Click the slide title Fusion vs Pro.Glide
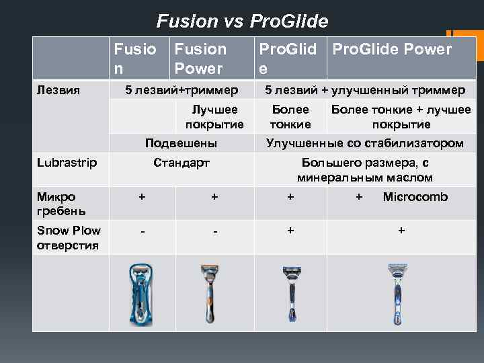[242, 22]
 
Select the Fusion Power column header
[200, 58]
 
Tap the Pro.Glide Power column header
[392, 50]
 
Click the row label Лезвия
[55, 89]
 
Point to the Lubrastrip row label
[67, 163]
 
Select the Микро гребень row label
[56, 204]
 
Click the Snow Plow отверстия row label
[68, 237]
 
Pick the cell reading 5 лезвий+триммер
[182, 89]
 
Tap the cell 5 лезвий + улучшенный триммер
[364, 89]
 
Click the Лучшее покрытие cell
[214, 117]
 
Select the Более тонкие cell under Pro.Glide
[290, 117]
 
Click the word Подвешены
[181, 143]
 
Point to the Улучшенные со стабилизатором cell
[364, 143]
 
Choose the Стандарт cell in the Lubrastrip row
[182, 163]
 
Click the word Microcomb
[415, 197]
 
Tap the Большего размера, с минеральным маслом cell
[364, 170]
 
